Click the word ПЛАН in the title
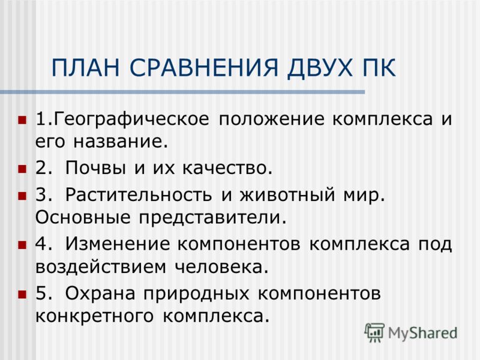pos(86,67)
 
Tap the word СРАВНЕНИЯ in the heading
pos(204,67)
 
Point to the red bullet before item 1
pos(22,119)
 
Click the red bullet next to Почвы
pos(22,169)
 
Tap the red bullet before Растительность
pos(22,196)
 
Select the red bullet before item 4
pos(22,245)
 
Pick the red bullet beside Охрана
pos(22,294)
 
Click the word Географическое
pos(131,119)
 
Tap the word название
pos(121,142)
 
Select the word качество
pos(227,169)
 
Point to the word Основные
pos(83,217)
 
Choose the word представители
pos(212,218)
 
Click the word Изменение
pos(118,244)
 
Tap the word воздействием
pos(101,267)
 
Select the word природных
pos(196,294)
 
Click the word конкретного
pos(94,316)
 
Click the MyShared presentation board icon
pos(374,332)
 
